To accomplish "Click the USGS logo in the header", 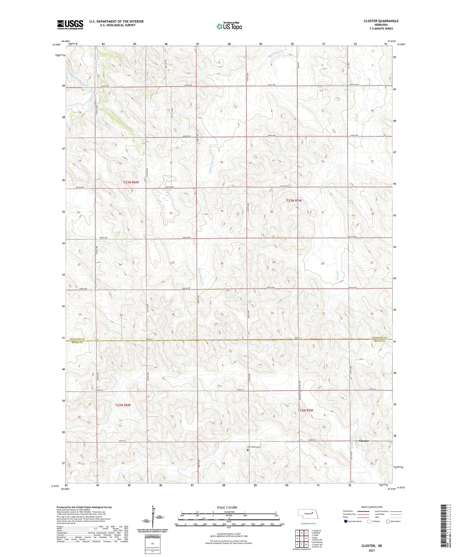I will coord(70,25).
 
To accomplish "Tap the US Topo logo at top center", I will coord(229,26).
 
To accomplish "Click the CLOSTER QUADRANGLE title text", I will coord(381,21).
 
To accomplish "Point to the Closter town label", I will coord(364,441).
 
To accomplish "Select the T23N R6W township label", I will coord(131,182).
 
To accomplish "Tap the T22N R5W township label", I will coord(305,410).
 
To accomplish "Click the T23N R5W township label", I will coord(294,200).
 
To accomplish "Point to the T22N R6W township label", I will coord(123,405).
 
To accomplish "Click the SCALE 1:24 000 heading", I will coord(227,507).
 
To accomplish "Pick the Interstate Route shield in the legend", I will coord(346,521).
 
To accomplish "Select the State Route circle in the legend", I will coord(388,521).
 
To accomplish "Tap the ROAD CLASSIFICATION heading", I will coord(372,507).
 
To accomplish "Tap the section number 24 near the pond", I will coord(171,213).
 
